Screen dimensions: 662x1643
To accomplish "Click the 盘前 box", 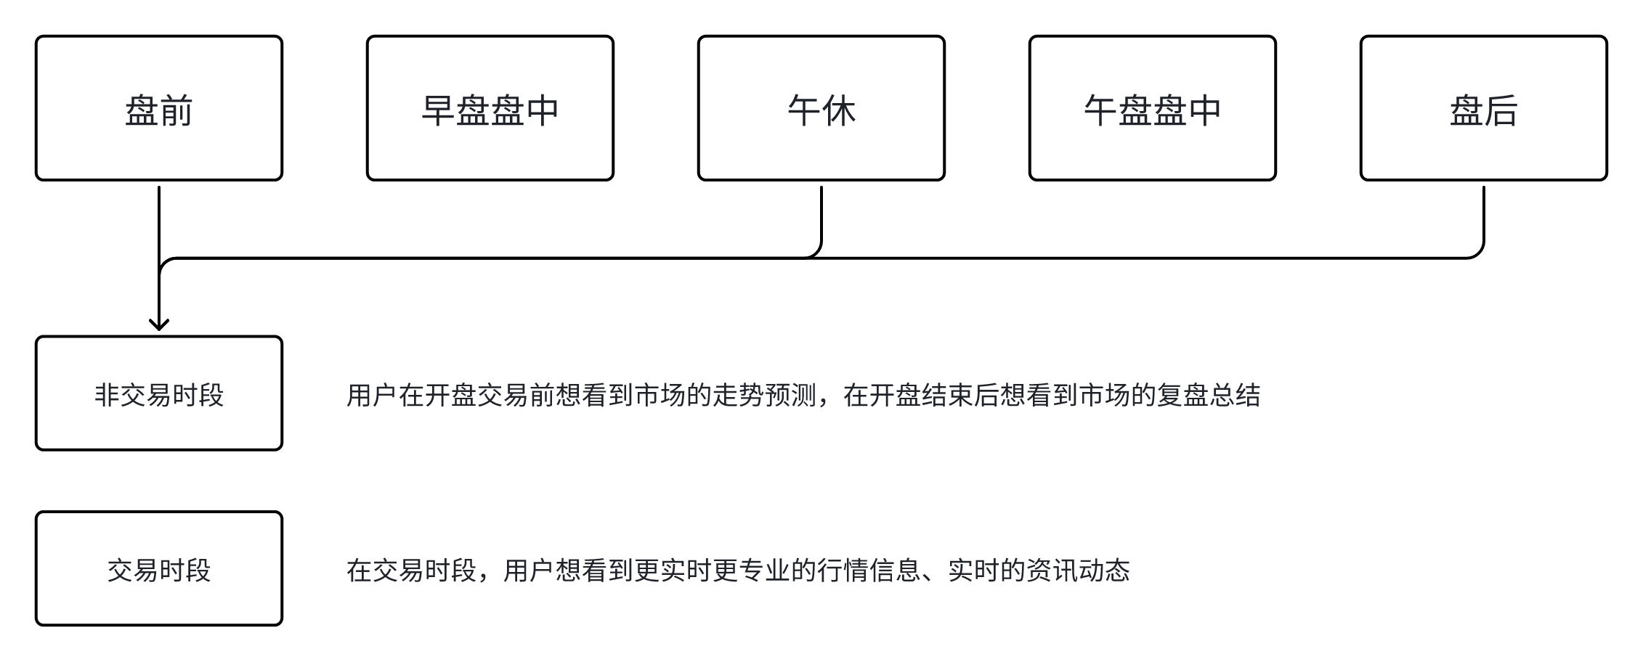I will [x=158, y=108].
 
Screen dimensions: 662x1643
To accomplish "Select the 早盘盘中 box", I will [x=490, y=108].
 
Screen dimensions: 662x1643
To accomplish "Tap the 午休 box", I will [x=821, y=108].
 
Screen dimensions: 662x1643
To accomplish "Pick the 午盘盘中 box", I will [x=1152, y=108].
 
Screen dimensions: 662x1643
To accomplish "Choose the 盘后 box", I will [x=1483, y=108].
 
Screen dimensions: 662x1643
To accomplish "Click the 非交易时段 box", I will [x=158, y=393].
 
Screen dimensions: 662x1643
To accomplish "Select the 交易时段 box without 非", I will [x=158, y=568].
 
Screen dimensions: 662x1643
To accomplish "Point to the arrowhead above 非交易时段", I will [x=158, y=324].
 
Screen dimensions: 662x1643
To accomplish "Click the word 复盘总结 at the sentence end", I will [x=1209, y=396].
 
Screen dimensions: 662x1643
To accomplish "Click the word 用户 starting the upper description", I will [x=372, y=396].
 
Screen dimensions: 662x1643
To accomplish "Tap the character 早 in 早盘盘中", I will [x=438, y=111].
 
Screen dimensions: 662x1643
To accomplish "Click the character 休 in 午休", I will [x=839, y=111].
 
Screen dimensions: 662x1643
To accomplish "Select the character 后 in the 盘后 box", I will [x=1501, y=111].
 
